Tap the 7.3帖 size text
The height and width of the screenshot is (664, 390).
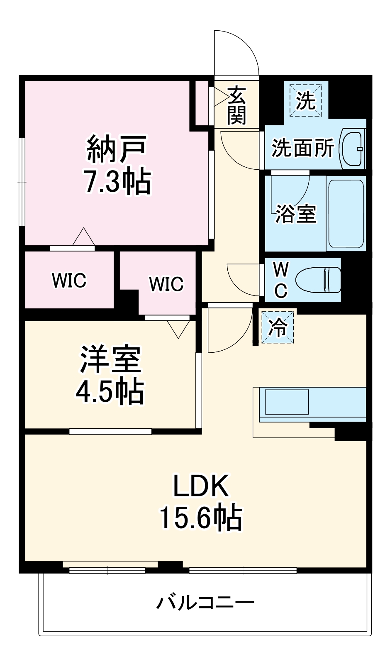point(117,181)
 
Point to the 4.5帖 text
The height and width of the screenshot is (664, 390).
point(110,391)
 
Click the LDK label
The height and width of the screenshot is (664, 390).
point(201,486)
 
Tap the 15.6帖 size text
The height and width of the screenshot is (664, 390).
point(201,518)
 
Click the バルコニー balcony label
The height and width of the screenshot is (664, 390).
point(205,602)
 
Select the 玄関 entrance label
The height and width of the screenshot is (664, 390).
point(237,105)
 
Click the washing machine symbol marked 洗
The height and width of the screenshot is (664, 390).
point(306,100)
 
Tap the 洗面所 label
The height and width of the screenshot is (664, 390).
point(302,148)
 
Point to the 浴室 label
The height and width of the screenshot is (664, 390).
point(296,214)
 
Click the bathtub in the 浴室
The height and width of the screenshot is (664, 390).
point(346,213)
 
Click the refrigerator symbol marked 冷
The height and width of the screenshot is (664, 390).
point(278,327)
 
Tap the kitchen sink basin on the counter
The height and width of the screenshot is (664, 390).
point(287,402)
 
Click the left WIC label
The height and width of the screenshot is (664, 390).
point(69,281)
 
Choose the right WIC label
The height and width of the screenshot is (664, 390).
point(166,284)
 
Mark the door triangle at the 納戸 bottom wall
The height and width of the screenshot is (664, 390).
point(84,237)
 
